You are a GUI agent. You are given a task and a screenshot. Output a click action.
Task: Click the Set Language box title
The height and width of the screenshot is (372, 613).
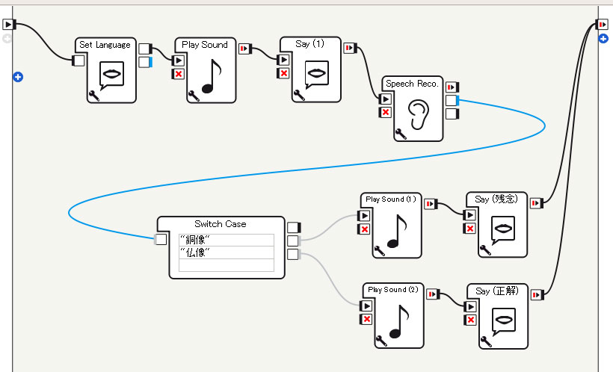coord(105,45)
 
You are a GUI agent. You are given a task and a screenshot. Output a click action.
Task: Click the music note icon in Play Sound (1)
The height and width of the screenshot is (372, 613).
coord(395,232)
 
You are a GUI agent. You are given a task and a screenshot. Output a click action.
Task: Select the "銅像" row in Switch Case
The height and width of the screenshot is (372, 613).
coord(226,240)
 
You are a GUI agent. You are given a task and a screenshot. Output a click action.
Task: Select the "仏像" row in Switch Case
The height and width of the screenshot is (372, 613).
coord(226,252)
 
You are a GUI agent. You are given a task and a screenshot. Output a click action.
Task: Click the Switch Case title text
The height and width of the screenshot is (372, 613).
coord(220,223)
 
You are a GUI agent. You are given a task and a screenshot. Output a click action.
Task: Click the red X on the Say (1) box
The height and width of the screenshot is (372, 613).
coord(283,73)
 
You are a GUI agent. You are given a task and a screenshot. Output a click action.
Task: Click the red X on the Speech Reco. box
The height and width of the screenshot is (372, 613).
coord(386,112)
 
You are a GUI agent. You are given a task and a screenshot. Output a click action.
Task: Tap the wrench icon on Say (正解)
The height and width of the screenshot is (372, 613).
coord(486,341)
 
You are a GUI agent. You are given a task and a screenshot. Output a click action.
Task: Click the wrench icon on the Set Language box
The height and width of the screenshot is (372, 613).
coord(93,95)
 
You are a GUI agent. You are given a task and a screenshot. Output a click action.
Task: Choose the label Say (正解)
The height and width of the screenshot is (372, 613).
coord(497,289)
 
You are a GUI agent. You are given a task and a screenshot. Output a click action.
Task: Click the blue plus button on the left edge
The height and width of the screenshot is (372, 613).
coord(18,76)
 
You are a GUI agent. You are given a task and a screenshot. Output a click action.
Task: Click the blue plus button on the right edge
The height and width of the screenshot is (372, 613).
coord(603,37)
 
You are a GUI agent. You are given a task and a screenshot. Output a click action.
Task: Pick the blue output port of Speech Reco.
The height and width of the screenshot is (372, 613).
coord(452,100)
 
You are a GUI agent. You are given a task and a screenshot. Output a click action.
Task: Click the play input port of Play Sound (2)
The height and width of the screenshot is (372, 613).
coord(366,306)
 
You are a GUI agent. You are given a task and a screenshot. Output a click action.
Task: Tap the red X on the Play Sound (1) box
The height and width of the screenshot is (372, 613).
coord(364,229)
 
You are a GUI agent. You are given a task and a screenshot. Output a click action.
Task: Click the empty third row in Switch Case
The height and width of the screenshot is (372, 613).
coord(226,265)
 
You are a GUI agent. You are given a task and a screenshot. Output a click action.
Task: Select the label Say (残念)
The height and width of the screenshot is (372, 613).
coord(497,199)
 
